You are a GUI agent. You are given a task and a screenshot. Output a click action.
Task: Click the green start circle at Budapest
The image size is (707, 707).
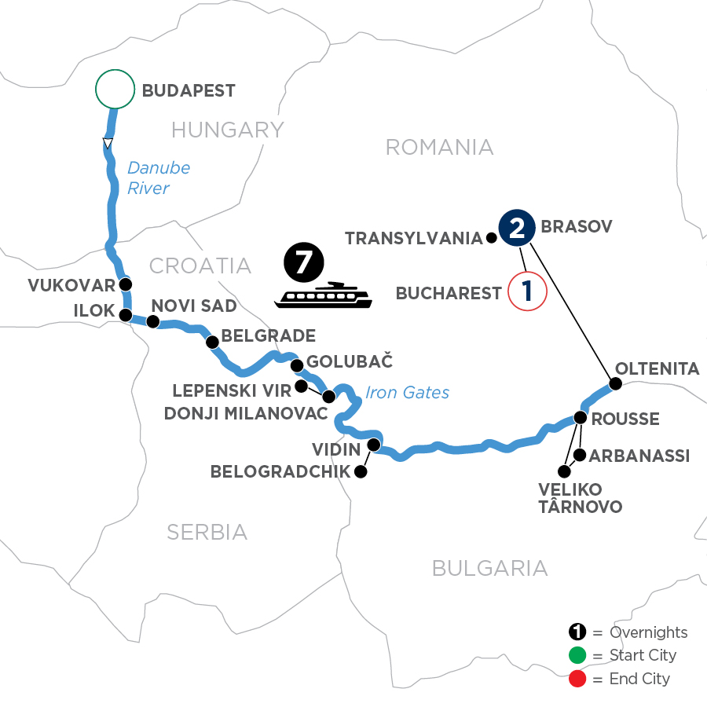[114, 90]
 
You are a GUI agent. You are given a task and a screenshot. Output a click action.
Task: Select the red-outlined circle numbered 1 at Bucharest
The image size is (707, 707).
[528, 291]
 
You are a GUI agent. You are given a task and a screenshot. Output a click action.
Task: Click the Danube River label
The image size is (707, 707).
[148, 178]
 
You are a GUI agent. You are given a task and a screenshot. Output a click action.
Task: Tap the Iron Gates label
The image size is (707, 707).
[406, 392]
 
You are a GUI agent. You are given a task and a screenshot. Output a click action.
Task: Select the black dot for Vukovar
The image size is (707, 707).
[124, 284]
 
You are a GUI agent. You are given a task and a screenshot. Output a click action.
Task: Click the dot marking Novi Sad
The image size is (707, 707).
[153, 321]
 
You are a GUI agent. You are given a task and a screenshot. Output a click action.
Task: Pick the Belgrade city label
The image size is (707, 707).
[269, 336]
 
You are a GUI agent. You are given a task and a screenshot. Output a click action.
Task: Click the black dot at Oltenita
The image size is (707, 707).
[616, 384]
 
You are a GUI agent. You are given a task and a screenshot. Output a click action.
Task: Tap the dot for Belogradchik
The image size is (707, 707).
[361, 472]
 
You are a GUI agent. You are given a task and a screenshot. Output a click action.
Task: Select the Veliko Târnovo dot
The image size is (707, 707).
[563, 471]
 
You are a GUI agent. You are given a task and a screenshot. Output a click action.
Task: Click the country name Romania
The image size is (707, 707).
[439, 147]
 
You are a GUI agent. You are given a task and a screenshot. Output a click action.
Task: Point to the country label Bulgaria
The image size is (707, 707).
[489, 567]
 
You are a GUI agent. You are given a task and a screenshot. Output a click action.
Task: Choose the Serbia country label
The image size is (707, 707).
[207, 532]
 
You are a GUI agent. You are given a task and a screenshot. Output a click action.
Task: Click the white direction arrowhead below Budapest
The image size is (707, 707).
[108, 143]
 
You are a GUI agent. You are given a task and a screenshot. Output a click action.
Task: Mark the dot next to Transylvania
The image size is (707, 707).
[491, 237]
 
